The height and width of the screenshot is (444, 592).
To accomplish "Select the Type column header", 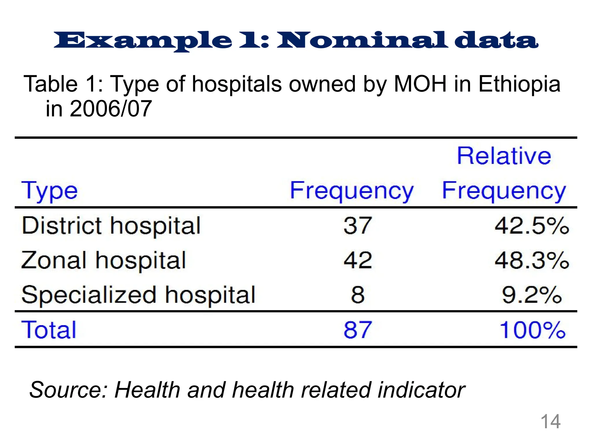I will pyautogui.click(x=49, y=191).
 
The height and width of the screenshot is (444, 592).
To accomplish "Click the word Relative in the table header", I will pyautogui.click(x=504, y=156).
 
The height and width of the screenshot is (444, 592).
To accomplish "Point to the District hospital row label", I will pyautogui.click(x=111, y=226).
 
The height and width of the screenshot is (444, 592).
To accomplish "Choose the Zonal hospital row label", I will pyautogui.click(x=103, y=260).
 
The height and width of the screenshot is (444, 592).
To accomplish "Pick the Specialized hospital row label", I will pyautogui.click(x=138, y=295).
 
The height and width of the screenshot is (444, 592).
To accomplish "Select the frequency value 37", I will pyautogui.click(x=357, y=226).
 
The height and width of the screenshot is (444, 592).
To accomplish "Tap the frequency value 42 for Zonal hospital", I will pyautogui.click(x=358, y=260).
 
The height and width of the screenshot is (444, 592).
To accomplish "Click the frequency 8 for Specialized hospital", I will pyautogui.click(x=358, y=295).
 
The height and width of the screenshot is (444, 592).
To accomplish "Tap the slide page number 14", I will pyautogui.click(x=550, y=421).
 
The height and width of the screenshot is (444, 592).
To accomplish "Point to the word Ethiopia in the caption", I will pyautogui.click(x=519, y=84).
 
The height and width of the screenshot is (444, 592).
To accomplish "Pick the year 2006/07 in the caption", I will pyautogui.click(x=110, y=109).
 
